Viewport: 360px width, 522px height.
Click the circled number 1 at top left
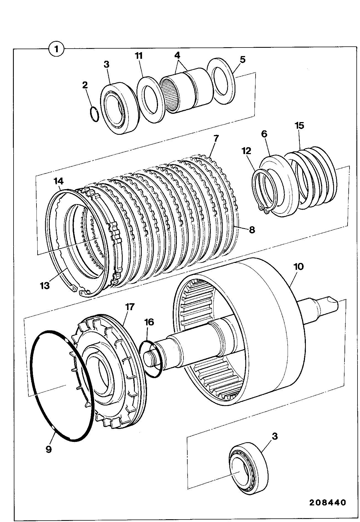(56, 50)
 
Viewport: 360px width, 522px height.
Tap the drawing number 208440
(327, 502)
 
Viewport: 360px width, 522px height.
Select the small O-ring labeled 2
(94, 114)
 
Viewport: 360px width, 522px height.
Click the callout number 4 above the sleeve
(177, 55)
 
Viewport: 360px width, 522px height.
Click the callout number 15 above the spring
(299, 126)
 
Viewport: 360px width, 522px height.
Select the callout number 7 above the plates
(216, 138)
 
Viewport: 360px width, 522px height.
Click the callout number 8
(252, 230)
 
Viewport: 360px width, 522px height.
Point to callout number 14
(59, 181)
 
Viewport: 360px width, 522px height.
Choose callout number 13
(45, 285)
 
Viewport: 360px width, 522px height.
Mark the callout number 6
(264, 134)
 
